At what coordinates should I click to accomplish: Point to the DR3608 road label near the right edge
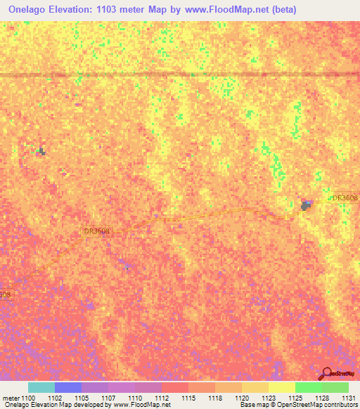coord(345,199)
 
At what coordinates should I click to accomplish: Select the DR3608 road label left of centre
coord(97,231)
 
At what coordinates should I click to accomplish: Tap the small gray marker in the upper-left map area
coord(41,151)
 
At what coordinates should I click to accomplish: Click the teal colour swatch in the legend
coord(41,387)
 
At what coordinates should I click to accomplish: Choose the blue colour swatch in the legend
coord(68,387)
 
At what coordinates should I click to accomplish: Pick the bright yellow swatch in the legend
coord(282,387)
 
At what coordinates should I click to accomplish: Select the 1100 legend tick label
coord(28,398)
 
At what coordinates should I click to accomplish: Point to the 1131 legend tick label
coord(348,398)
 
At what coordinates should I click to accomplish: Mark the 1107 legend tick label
coord(108,398)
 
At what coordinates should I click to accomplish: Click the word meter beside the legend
coord(11,398)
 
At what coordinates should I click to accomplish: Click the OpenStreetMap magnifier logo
coord(327,374)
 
